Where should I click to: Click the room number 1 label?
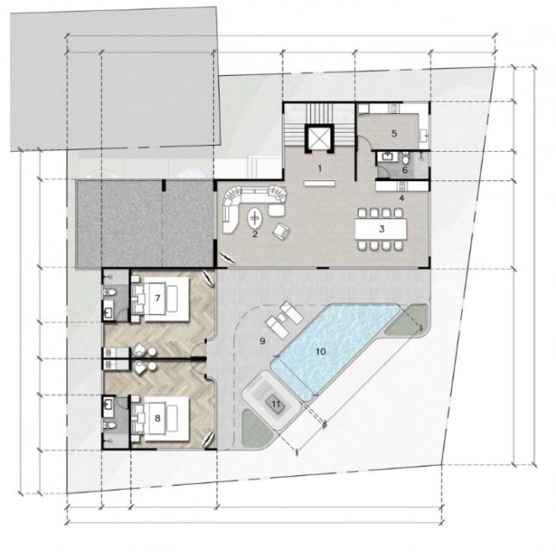point(320,168)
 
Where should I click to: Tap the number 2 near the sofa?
point(254,234)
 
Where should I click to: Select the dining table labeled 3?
point(381,229)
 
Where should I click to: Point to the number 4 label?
point(402,198)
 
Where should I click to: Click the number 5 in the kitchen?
point(394,134)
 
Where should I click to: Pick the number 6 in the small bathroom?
point(405,170)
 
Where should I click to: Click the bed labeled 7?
point(160,298)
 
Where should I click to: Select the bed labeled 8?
point(160,418)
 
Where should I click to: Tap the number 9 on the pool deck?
point(262,342)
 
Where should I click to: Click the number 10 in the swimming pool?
point(321,352)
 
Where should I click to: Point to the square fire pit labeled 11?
point(276,404)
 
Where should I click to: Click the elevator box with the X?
point(319,138)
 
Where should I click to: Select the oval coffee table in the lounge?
point(255,218)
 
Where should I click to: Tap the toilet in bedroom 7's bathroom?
point(109,292)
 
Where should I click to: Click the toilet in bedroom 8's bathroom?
point(109,425)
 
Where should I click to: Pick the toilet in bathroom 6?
point(406,158)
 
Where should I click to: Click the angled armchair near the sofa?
point(281,231)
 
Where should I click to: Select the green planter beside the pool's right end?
point(407,319)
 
